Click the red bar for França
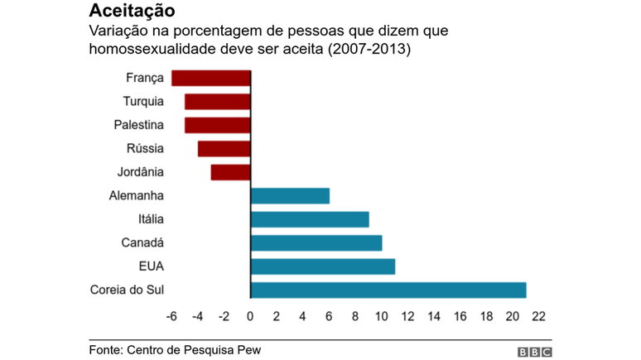pyautogui.click(x=210, y=78)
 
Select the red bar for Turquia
pyautogui.click(x=217, y=102)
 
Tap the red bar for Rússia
pyautogui.click(x=224, y=149)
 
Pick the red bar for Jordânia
pyautogui.click(x=230, y=172)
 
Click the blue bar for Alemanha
pyautogui.click(x=290, y=196)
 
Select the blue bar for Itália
pyautogui.click(x=310, y=219)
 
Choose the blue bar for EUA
pyautogui.click(x=323, y=266)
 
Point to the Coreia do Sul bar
pyautogui.click(x=388, y=290)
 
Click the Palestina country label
pyautogui.click(x=139, y=125)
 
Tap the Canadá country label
pyautogui.click(x=142, y=242)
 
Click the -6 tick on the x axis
pyautogui.click(x=171, y=316)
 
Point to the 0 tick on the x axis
pyautogui.click(x=250, y=316)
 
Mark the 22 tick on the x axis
pyautogui.click(x=538, y=316)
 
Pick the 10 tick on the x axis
pyautogui.click(x=381, y=316)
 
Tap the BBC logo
pyautogui.click(x=534, y=352)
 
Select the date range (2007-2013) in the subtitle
pyautogui.click(x=370, y=50)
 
